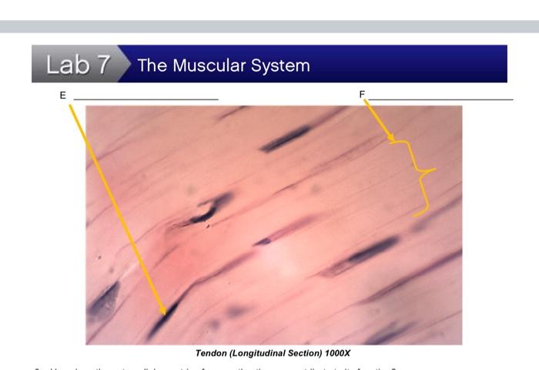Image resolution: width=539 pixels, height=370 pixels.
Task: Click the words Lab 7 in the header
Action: click(x=78, y=65)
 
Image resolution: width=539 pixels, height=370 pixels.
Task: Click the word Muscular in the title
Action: click(x=209, y=65)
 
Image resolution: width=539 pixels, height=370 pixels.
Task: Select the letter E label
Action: click(x=62, y=95)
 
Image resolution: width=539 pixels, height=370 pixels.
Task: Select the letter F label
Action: click(x=362, y=94)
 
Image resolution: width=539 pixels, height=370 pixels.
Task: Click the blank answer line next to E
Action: click(x=146, y=99)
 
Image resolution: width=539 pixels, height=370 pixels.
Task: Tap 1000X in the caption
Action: click(x=336, y=353)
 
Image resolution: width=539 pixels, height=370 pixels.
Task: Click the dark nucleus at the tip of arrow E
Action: click(x=163, y=318)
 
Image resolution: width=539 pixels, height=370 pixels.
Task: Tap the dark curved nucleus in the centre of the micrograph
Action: click(x=208, y=210)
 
